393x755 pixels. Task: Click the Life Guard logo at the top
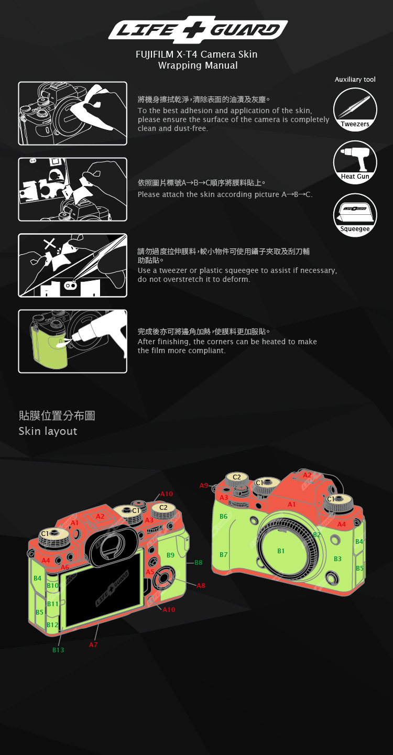point(198,29)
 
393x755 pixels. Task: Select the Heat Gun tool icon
point(355,162)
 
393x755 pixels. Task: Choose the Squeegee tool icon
point(355,215)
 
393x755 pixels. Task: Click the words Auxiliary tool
point(355,80)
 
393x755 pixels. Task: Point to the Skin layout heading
point(48,431)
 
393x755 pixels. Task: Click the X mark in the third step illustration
point(49,243)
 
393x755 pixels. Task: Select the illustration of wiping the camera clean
point(72,113)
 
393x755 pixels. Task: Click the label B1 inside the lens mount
point(281,551)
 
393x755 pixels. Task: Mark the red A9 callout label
point(204,486)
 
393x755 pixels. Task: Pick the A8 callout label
point(201,585)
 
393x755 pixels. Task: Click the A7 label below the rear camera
point(93,645)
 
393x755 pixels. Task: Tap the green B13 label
point(58,650)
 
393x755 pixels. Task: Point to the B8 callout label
point(199,563)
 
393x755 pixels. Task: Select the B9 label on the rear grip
point(170,555)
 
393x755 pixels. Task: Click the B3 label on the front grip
point(337,559)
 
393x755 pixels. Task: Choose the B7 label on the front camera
point(224,554)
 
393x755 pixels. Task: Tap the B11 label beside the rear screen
point(52,604)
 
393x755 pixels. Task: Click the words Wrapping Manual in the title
point(198,65)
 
